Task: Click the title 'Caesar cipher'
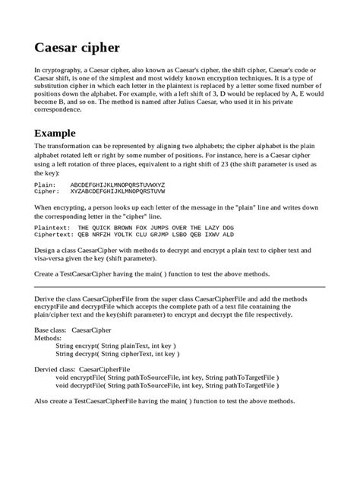[x=77, y=48]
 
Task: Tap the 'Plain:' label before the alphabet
[x=45, y=185]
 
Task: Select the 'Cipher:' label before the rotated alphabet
[x=47, y=192]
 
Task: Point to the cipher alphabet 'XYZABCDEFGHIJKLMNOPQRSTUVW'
[x=118, y=192]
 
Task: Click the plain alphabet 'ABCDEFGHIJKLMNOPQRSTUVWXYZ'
[x=118, y=185]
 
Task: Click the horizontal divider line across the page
[x=180, y=287]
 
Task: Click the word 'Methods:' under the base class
[x=48, y=339]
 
